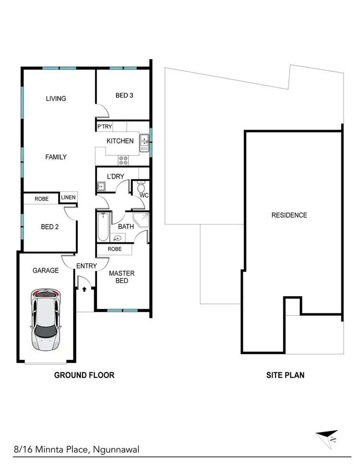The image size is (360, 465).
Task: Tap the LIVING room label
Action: (x=56, y=98)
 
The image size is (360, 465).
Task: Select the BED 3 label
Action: (x=124, y=95)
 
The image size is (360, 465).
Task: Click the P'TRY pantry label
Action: (x=105, y=127)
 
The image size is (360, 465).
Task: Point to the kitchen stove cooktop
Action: (x=123, y=159)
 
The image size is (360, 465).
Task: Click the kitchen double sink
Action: (x=144, y=141)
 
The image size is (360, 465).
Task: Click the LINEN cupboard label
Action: (x=68, y=198)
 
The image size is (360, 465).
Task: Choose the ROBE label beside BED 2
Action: (x=41, y=199)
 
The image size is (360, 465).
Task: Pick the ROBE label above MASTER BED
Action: (x=114, y=249)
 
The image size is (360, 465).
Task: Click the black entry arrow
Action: (x=84, y=289)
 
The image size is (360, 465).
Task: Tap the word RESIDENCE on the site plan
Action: (x=289, y=215)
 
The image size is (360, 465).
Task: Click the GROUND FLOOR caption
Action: (x=84, y=375)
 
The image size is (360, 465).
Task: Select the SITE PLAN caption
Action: (x=285, y=375)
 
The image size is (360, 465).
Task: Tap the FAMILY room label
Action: (x=56, y=157)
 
